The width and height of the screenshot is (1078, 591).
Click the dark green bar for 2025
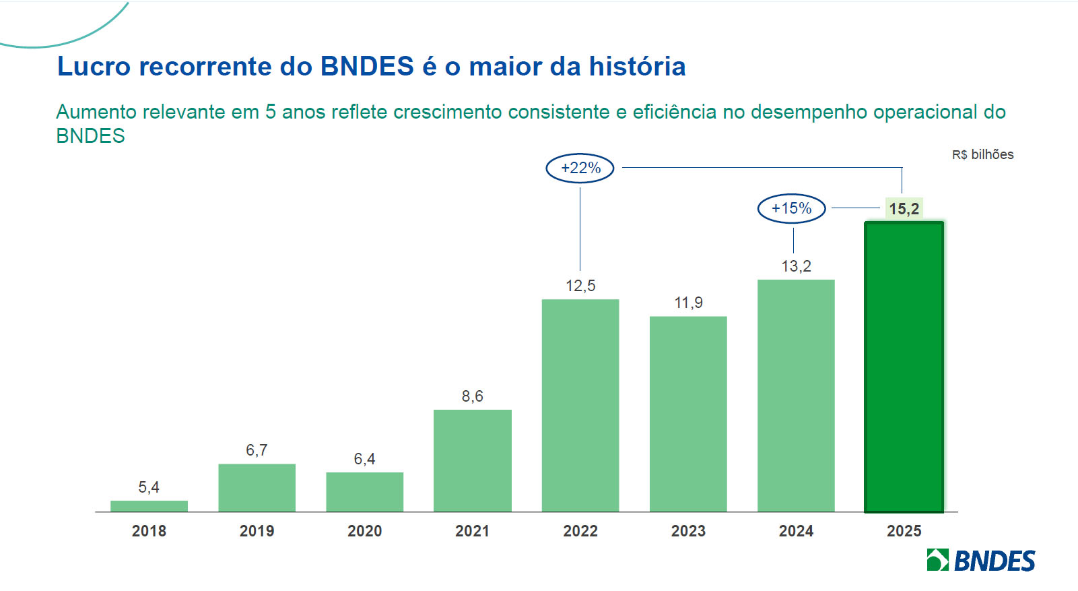904,367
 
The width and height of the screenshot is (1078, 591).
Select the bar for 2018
149,506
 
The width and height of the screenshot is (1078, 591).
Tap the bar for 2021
472,460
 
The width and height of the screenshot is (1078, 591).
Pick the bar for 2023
688,414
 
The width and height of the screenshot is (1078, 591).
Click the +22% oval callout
580,168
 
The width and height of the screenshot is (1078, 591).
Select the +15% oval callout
791,208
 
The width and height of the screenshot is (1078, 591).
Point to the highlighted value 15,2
904,209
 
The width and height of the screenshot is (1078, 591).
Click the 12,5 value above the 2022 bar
580,286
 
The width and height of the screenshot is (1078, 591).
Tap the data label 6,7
257,450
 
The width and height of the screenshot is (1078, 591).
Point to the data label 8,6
472,396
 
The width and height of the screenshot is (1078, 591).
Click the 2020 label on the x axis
364,531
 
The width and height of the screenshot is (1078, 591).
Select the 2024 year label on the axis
796,531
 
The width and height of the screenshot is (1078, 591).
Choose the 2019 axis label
257,531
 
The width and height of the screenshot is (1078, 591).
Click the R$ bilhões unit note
982,155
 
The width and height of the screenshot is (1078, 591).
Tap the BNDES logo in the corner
980,560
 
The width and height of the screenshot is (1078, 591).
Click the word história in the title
637,67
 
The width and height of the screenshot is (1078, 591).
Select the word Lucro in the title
94,67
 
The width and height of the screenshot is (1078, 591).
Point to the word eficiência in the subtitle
674,112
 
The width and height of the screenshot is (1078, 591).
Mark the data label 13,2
796,266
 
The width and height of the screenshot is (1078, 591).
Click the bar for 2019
257,487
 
